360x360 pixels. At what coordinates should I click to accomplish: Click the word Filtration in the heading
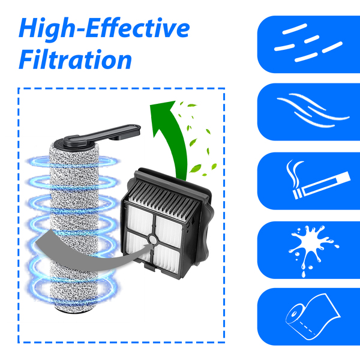point(76,59)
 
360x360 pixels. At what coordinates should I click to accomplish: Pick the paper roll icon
point(313,317)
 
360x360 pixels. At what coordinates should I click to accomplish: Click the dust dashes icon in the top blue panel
point(308,43)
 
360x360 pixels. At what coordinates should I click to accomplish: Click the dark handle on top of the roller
point(101,135)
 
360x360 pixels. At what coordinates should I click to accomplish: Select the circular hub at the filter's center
point(152,239)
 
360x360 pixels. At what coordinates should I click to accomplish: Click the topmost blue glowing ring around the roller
point(73,161)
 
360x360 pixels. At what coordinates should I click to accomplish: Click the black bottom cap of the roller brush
point(73,310)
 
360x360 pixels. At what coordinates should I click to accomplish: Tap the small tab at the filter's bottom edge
point(151,266)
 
